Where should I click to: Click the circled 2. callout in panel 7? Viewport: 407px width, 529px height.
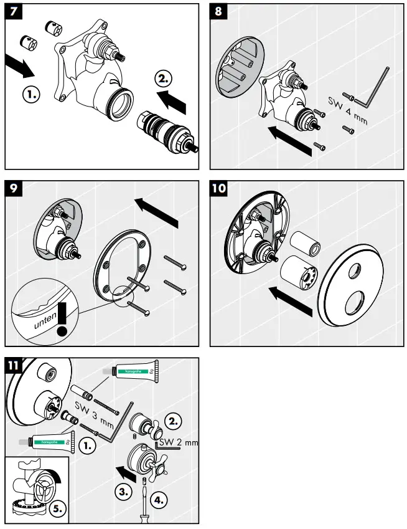[163, 79]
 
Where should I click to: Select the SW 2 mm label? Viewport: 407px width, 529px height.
[178, 442]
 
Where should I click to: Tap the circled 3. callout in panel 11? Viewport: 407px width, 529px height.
[124, 491]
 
